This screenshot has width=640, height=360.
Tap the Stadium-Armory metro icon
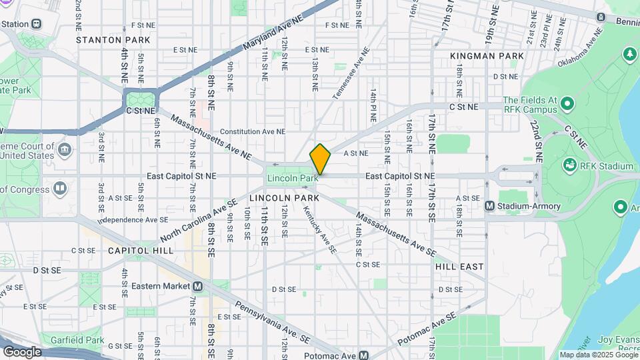pyautogui.click(x=490, y=207)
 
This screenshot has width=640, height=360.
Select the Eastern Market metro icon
pyautogui.click(x=197, y=286)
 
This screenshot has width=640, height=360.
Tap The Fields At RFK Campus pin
pyautogui.click(x=567, y=104)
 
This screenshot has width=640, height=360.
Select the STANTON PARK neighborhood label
pyautogui.click(x=113, y=40)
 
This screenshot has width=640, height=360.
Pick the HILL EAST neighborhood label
pyautogui.click(x=459, y=267)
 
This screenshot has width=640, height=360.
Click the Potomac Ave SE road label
pyautogui.click(x=427, y=327)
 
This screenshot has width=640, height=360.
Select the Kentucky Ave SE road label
pyautogui.click(x=320, y=229)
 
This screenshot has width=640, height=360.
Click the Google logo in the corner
pyautogui.click(x=22, y=351)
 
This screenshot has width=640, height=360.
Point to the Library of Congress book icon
pyautogui.click(x=60, y=189)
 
